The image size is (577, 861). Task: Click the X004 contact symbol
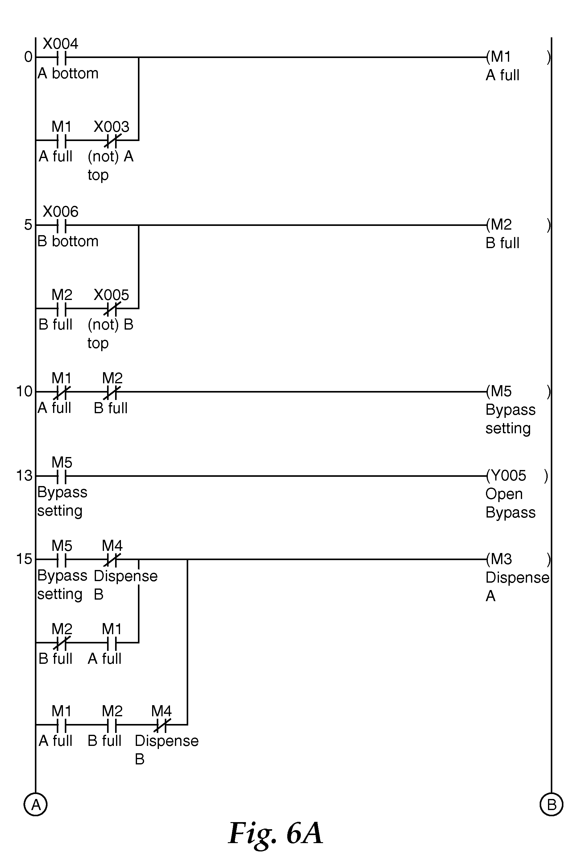click(x=61, y=57)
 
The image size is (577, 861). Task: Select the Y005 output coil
click(x=517, y=476)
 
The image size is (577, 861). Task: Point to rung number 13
click(x=24, y=476)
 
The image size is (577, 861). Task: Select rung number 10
click(x=24, y=392)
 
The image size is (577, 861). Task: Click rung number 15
click(x=24, y=559)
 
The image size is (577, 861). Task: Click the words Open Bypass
click(x=510, y=503)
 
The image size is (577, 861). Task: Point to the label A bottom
click(x=68, y=73)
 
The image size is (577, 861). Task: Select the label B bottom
click(x=68, y=241)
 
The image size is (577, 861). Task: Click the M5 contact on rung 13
click(x=61, y=476)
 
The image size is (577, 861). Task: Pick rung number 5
click(x=28, y=225)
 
